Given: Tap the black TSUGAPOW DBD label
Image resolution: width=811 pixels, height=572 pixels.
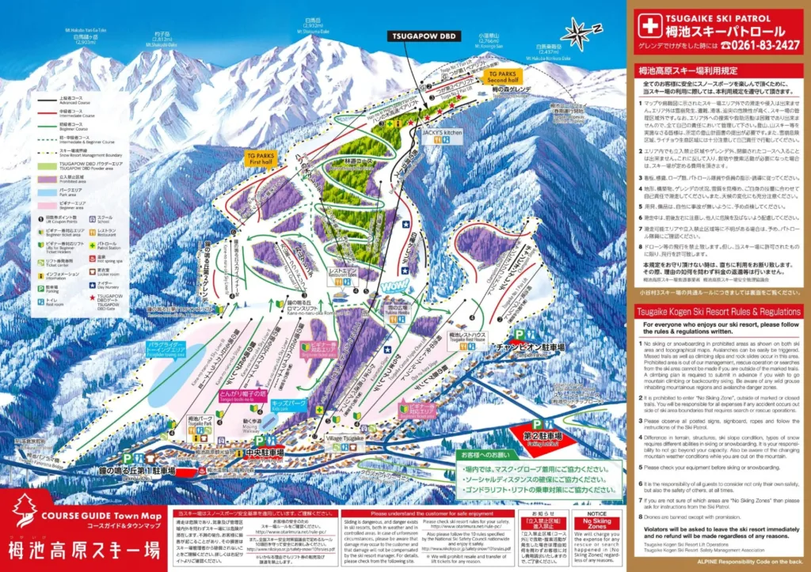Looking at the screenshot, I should [x=423, y=36].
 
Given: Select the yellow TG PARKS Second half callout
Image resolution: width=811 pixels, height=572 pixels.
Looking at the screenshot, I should [x=502, y=77].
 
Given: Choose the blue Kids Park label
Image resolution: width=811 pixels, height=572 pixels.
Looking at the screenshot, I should [x=288, y=403].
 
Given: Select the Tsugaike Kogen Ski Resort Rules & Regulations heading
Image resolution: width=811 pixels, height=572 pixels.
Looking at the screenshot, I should [x=722, y=312].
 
